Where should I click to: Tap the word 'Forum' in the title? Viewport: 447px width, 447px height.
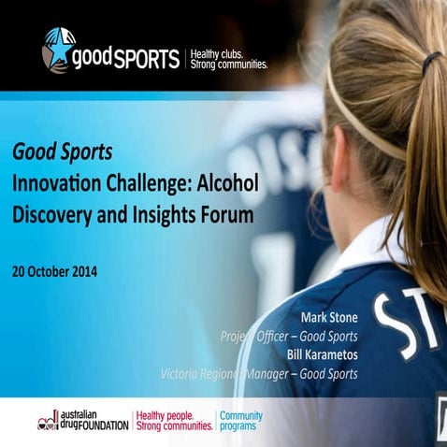tap(229, 214)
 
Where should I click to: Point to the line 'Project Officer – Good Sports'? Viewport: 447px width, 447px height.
tap(288, 337)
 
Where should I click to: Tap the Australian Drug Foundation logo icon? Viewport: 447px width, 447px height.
tap(48, 419)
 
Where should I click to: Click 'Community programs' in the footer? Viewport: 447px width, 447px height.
tap(240, 419)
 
